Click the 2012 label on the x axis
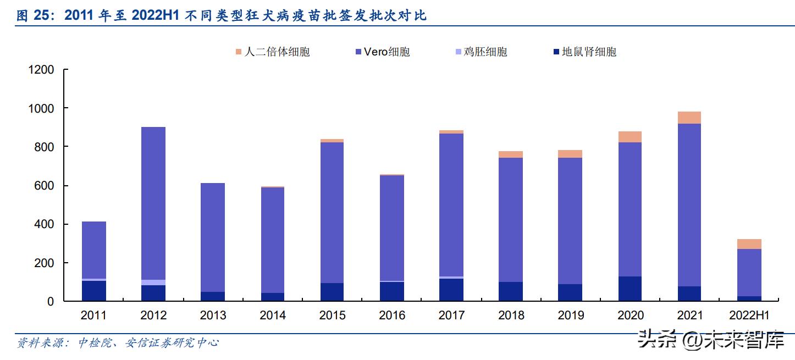click(153, 315)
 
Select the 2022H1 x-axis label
click(749, 315)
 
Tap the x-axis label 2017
click(451, 315)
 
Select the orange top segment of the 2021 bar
click(689, 118)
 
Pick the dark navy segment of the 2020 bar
click(630, 289)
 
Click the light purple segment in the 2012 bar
click(153, 283)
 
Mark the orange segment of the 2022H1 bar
click(749, 244)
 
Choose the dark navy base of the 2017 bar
click(451, 290)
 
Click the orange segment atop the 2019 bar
click(570, 154)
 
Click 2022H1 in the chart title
click(156, 16)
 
